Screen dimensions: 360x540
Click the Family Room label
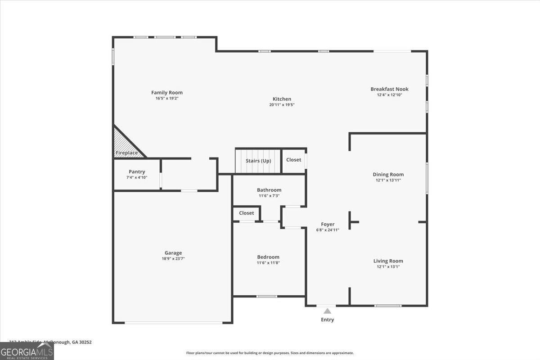167,93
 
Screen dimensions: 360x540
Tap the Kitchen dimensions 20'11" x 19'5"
282,105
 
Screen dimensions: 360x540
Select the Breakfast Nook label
389,89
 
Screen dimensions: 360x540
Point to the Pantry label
137,171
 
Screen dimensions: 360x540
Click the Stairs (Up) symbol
258,161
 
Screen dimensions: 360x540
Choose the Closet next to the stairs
293,160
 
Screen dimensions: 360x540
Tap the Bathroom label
269,190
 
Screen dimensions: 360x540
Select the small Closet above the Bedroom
247,213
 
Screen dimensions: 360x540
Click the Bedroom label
268,257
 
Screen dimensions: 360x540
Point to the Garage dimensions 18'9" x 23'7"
173,259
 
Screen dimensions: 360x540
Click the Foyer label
328,224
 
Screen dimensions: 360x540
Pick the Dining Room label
388,174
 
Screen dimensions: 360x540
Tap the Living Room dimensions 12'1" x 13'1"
388,267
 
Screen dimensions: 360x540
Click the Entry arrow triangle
328,311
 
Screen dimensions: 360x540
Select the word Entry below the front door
328,320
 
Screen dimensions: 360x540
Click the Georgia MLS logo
27,351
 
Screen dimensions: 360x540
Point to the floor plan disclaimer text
270,353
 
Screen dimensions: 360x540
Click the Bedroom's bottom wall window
266,296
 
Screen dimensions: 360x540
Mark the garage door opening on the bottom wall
173,323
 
